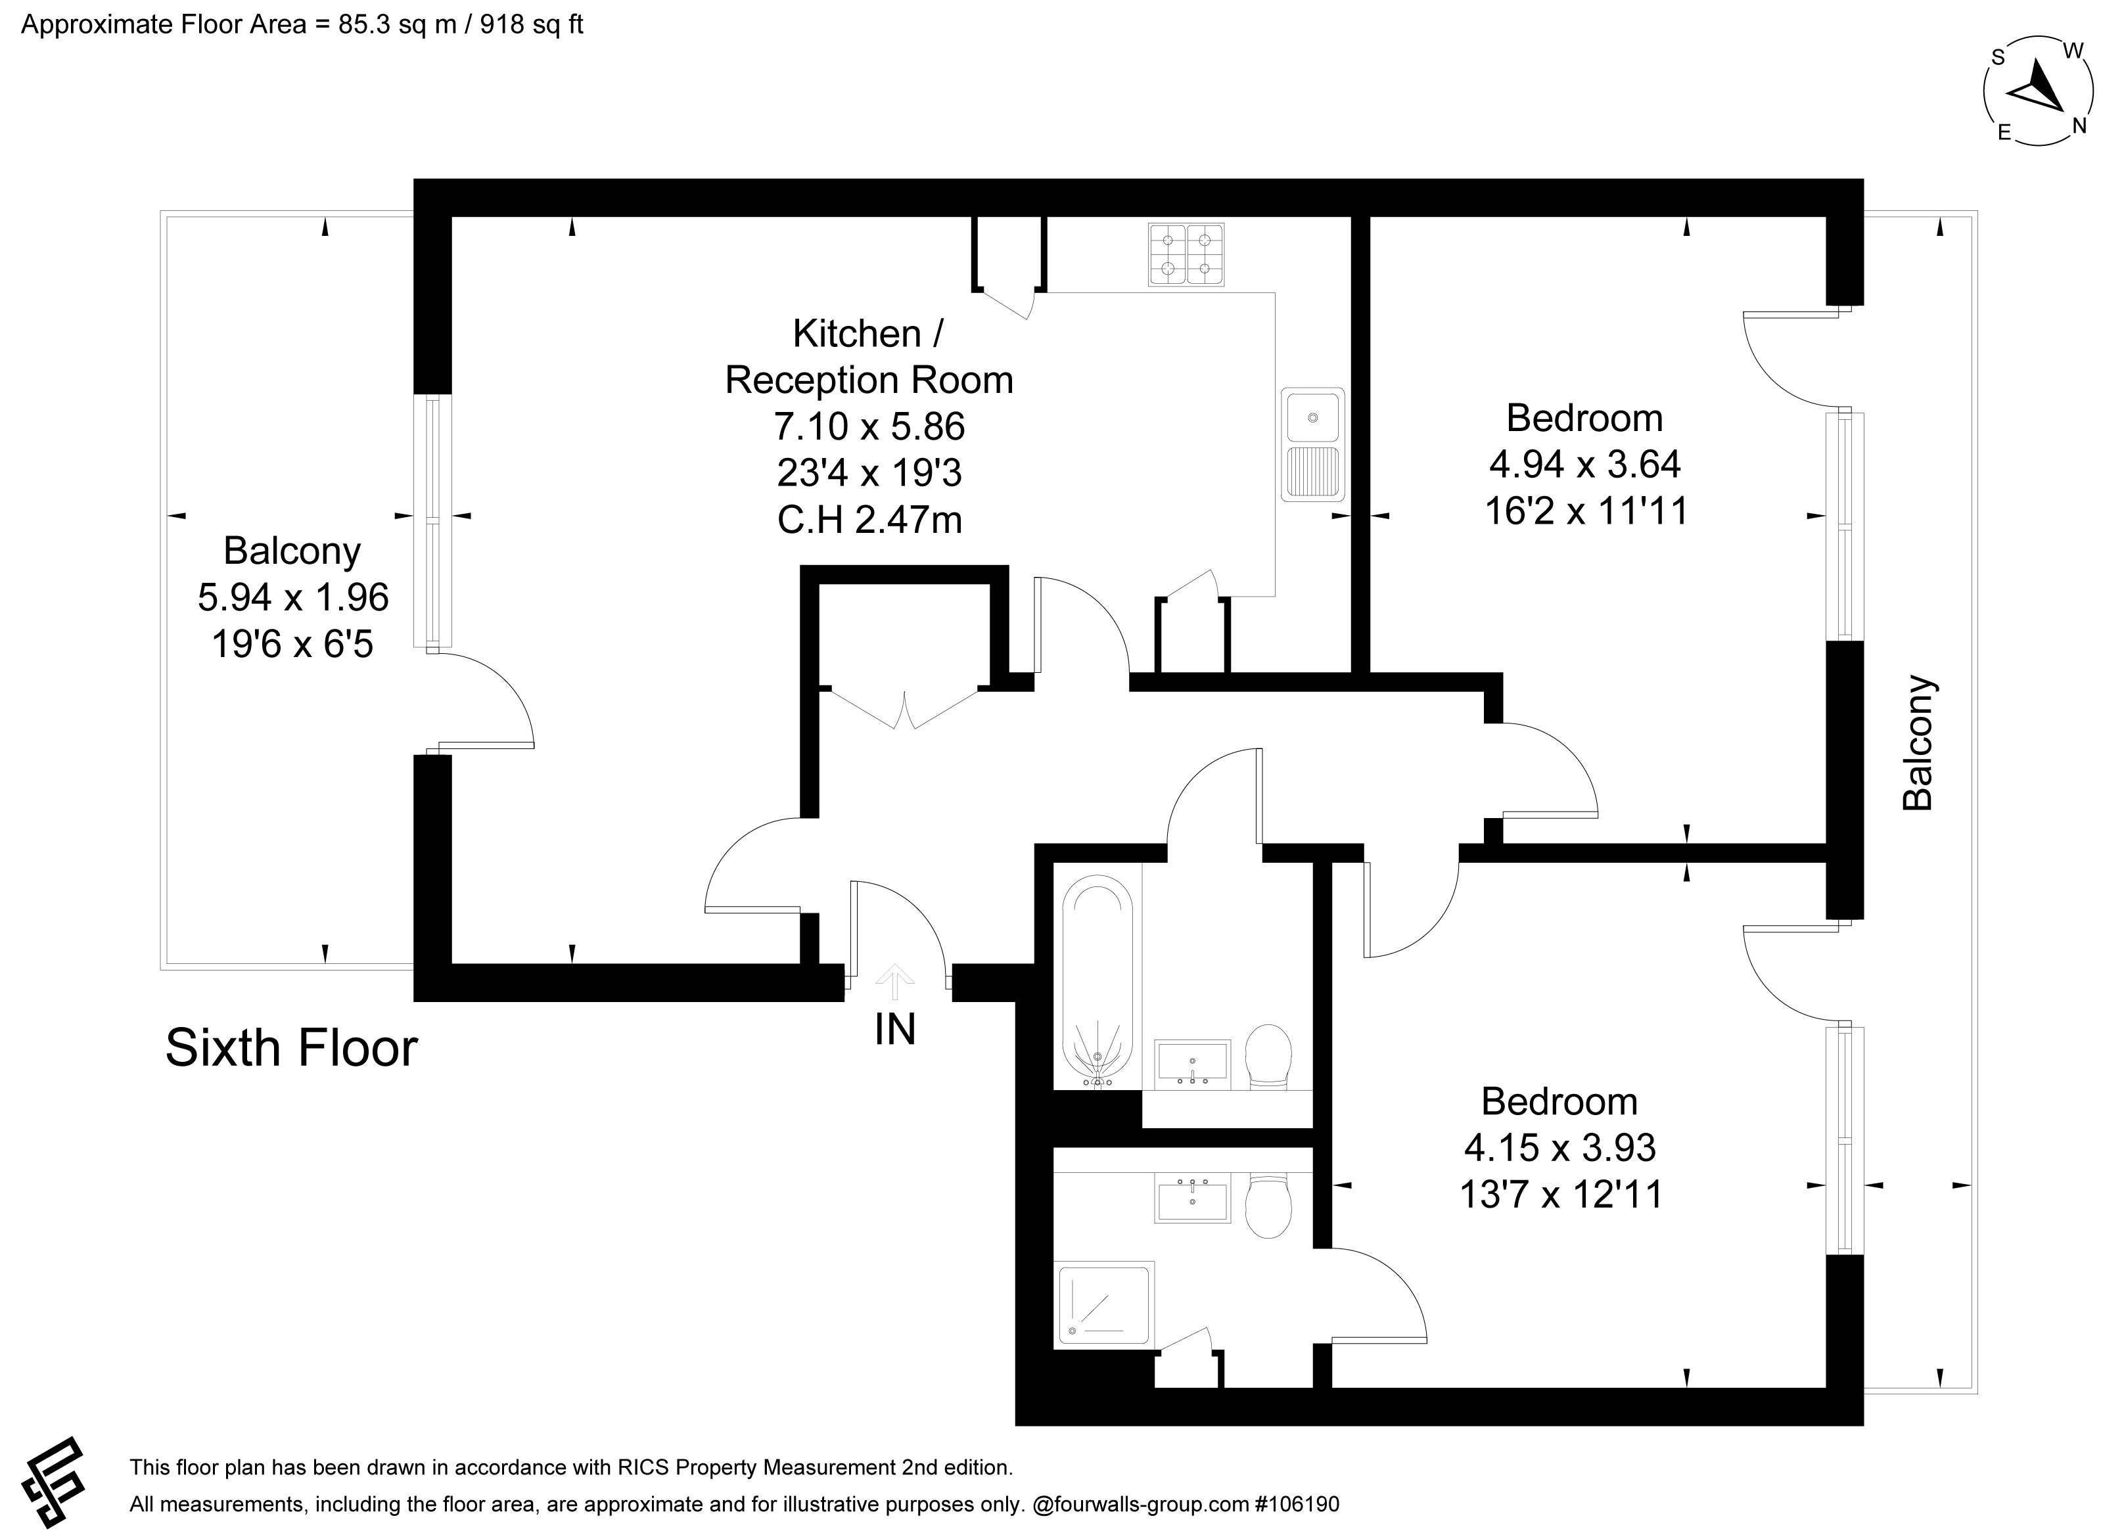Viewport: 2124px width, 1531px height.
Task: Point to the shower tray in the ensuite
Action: pos(1104,1306)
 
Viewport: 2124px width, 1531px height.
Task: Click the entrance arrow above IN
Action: pos(894,981)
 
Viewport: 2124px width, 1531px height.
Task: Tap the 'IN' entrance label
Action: pos(894,1030)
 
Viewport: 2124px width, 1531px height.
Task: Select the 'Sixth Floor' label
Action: pos(291,1048)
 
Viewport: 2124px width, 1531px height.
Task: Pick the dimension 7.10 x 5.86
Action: pos(869,427)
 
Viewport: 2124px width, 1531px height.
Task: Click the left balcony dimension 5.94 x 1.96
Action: pos(293,597)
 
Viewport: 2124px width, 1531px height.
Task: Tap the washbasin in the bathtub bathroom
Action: pos(1192,1064)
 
